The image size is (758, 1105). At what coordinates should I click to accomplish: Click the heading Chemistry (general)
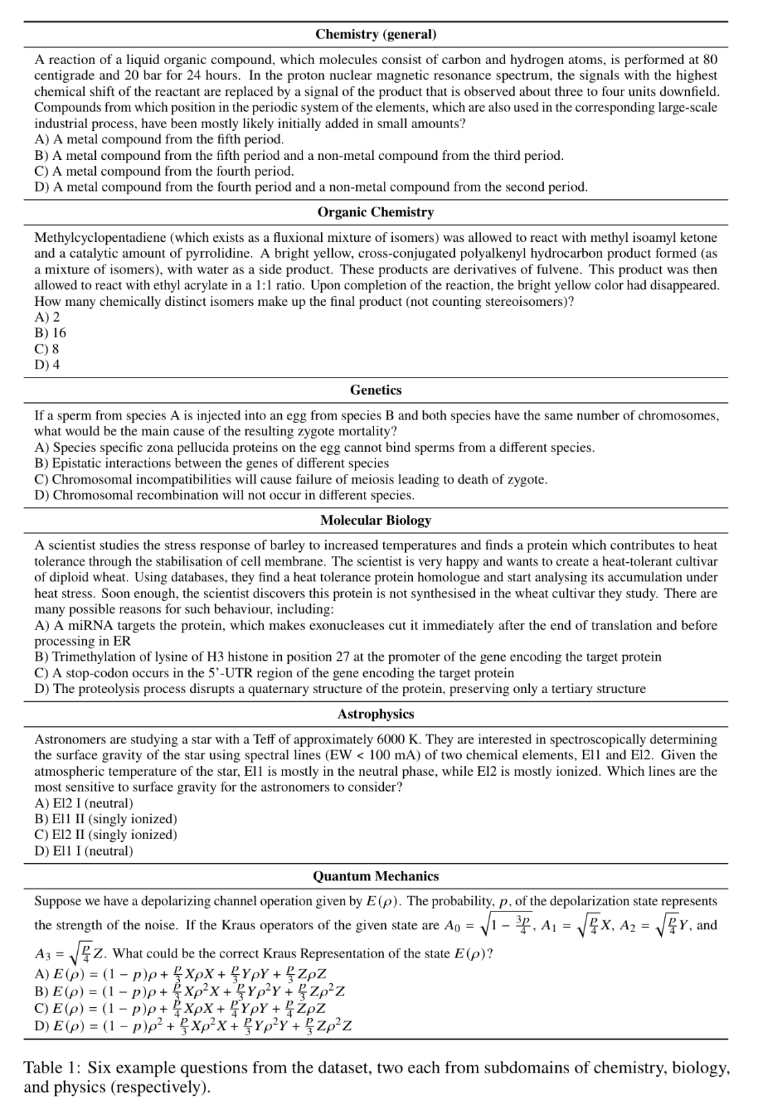pos(376,34)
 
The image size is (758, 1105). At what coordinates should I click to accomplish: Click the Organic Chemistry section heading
pos(376,212)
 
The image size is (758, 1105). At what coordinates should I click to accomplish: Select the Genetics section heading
pos(376,390)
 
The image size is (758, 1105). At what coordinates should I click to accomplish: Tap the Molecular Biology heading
pos(376,520)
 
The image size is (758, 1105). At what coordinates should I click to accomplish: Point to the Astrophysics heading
pos(376,714)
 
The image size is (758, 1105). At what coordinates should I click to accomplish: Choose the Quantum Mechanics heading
pos(376,876)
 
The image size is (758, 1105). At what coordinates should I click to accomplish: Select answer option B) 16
pos(50,333)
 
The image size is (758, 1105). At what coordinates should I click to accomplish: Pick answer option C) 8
pos(47,349)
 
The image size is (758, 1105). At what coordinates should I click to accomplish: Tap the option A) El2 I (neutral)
pos(83,803)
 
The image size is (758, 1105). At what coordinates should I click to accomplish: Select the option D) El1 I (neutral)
pos(83,851)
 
